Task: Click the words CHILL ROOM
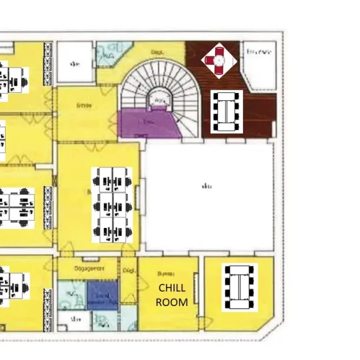(x=172, y=296)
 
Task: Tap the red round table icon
(x=218, y=59)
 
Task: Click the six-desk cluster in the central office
(x=112, y=205)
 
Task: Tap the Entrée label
(x=84, y=106)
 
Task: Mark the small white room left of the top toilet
(x=75, y=63)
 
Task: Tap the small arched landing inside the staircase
(x=159, y=99)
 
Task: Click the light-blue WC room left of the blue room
(x=72, y=295)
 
